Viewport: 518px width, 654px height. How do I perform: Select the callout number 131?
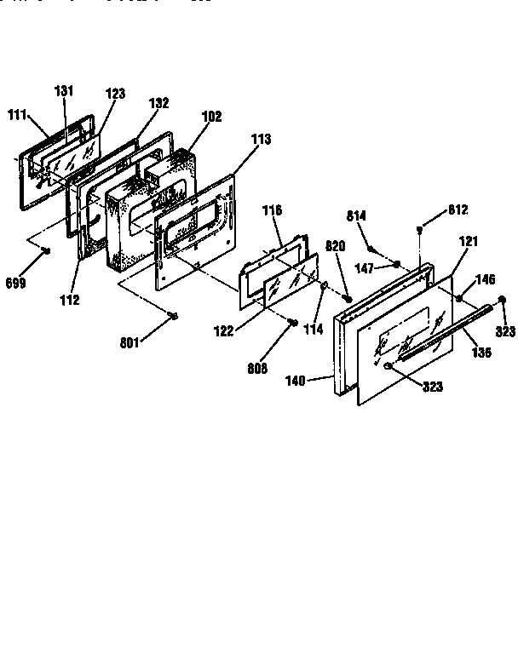pos(65,91)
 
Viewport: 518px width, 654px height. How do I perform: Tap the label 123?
pos(115,94)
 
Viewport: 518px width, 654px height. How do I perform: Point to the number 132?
pos(158,103)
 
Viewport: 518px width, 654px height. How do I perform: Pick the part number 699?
pos(16,282)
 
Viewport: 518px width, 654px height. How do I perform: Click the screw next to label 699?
pos(46,250)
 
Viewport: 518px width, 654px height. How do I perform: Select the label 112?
pos(69,299)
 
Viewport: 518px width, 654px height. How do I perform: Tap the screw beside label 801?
pos(173,316)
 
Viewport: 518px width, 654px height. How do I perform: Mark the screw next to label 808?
pos(294,321)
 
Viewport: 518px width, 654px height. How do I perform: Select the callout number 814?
pos(356,216)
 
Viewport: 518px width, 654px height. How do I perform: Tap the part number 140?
pos(319,383)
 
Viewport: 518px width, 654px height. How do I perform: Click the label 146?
pos(485,279)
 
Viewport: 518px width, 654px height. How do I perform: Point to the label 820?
pos(336,246)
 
